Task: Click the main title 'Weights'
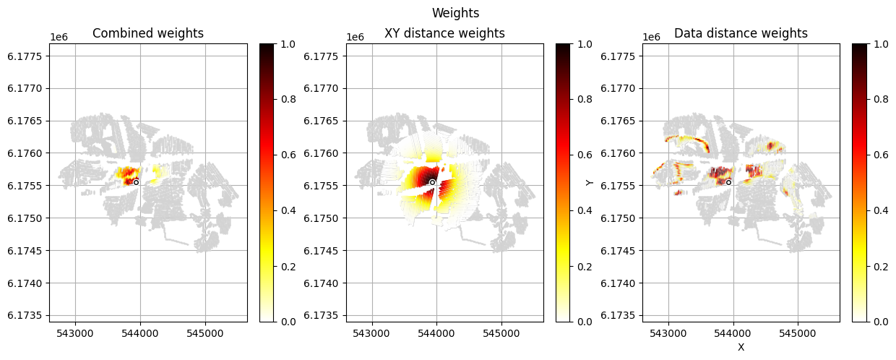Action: pyautogui.click(x=455, y=13)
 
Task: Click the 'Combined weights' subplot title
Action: pyautogui.click(x=148, y=33)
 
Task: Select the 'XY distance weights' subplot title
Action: pyautogui.click(x=444, y=33)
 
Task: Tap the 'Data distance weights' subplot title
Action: pyautogui.click(x=741, y=33)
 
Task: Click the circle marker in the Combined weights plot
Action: pyautogui.click(x=136, y=182)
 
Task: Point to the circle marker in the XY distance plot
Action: pyautogui.click(x=432, y=182)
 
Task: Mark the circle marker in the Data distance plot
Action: pyautogui.click(x=728, y=182)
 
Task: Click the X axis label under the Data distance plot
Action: pyautogui.click(x=741, y=347)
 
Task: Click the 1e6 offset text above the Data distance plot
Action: pyautogui.click(x=652, y=37)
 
